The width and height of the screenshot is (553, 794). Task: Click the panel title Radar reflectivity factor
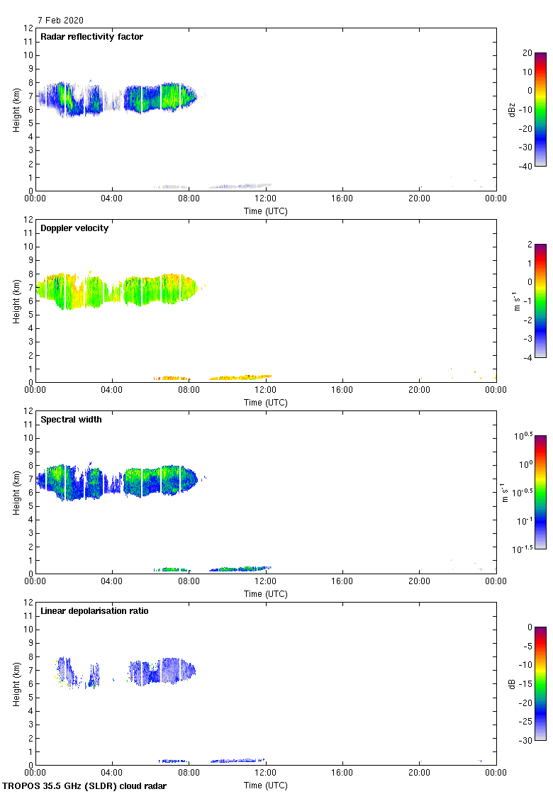[x=91, y=37]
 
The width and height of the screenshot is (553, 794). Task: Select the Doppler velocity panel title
[x=74, y=228]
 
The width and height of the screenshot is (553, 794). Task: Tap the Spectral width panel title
[x=71, y=420]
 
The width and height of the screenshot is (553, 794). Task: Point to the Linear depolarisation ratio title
[x=94, y=611]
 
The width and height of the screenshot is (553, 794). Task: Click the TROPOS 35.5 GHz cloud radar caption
[x=85, y=786]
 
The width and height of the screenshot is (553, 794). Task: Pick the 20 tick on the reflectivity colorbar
[x=527, y=53]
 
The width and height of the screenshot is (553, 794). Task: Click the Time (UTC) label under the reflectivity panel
[x=266, y=211]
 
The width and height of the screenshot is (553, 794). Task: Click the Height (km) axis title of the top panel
[x=16, y=109]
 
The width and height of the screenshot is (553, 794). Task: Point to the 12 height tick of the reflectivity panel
[x=29, y=28]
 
